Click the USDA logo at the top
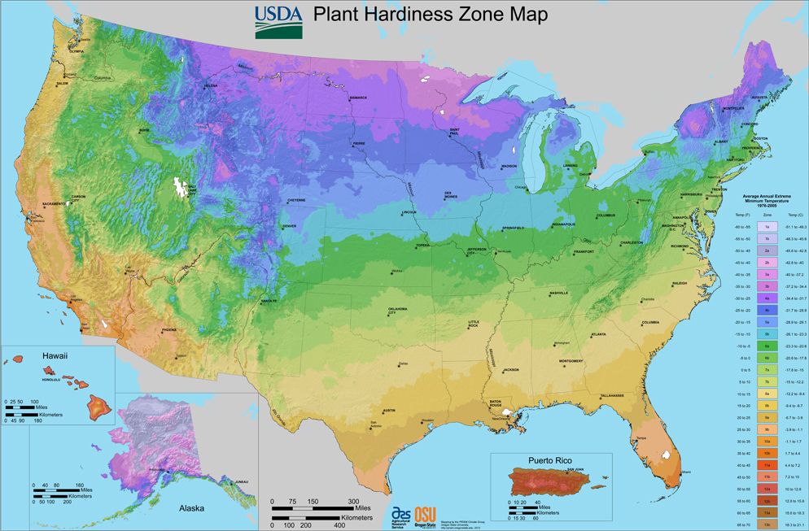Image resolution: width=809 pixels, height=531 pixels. click(x=278, y=22)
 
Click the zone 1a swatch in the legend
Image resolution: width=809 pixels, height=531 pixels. click(x=767, y=227)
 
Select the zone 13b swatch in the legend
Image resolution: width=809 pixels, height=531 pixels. click(x=767, y=525)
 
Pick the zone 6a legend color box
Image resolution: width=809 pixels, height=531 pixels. click(x=767, y=346)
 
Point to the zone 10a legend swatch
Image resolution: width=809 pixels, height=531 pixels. click(x=767, y=440)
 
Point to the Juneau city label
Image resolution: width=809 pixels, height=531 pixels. click(x=241, y=482)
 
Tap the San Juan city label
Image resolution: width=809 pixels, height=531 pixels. click(x=574, y=470)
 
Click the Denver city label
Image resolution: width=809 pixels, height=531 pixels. click(x=289, y=226)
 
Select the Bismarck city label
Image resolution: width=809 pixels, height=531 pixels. click(x=358, y=98)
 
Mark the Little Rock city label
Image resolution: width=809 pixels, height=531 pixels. click(x=479, y=324)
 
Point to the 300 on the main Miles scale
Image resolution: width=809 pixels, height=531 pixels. click(x=353, y=501)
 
